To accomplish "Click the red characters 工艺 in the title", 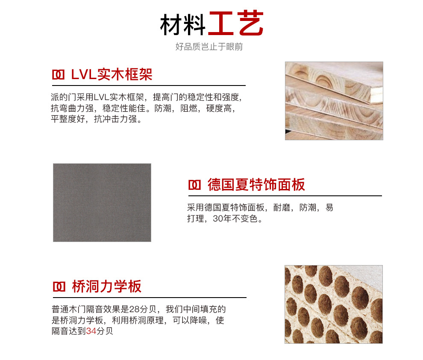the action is coord(236,23).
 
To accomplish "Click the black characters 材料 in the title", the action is coord(183,24).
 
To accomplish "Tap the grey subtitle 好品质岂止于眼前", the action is coord(209,47).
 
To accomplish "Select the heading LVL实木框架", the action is coord(112,74).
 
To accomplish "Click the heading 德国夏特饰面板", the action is coord(256,185).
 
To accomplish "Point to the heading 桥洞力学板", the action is coord(106,286).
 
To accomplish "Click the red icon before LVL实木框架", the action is coord(58,75).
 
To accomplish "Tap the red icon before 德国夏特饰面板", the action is coord(194,185).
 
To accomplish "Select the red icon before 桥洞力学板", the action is coord(59,287).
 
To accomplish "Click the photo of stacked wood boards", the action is coord(334,101).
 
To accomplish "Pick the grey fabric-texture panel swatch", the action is coord(102,202).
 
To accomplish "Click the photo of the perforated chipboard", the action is coord(334,304).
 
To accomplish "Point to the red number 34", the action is coord(91,331).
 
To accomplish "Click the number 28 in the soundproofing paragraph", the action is coord(134,309).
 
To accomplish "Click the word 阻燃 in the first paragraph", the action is coord(189,108).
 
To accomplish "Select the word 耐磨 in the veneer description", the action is coord(282,207).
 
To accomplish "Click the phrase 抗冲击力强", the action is coord(115,119).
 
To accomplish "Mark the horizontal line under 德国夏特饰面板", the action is coord(285,196).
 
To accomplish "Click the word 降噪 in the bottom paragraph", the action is coord(198,320).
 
